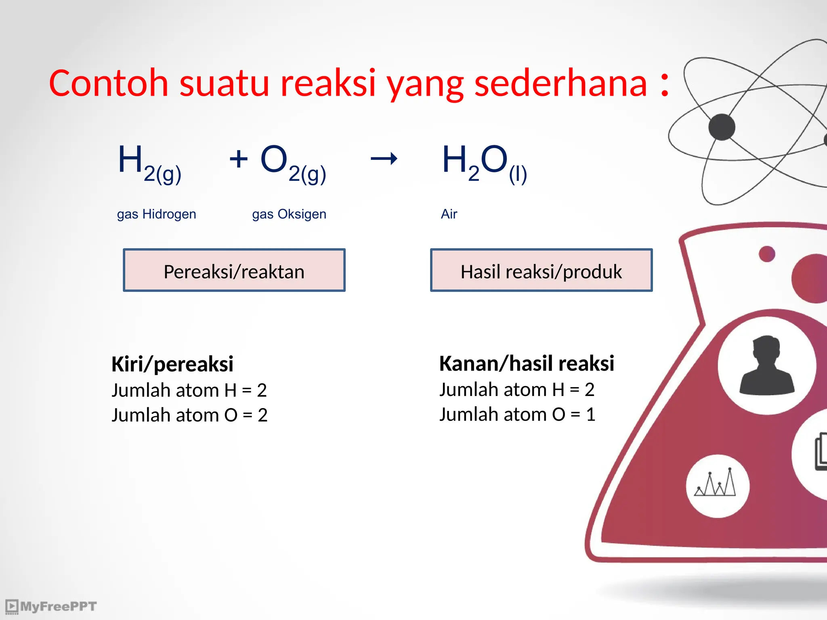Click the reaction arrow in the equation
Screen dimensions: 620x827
pos(384,159)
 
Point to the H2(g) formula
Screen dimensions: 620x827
pos(149,163)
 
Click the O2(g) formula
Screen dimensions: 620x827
pos(293,163)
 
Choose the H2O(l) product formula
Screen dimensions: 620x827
pos(484,163)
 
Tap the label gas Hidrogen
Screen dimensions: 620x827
pos(156,214)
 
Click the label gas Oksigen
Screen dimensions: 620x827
pos(289,214)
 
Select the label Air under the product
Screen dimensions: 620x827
pos(449,214)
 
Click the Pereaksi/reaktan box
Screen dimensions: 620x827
pos(234,270)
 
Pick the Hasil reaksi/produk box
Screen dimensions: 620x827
pos(541,270)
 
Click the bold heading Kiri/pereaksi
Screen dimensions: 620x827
pos(172,364)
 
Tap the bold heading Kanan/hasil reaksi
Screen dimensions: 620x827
pos(527,363)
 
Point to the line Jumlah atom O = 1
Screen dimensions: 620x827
pos(517,415)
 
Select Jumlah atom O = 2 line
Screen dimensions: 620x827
pos(189,415)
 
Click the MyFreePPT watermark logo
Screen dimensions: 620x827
pos(51,606)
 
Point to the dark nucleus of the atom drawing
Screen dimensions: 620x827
pos(722,127)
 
